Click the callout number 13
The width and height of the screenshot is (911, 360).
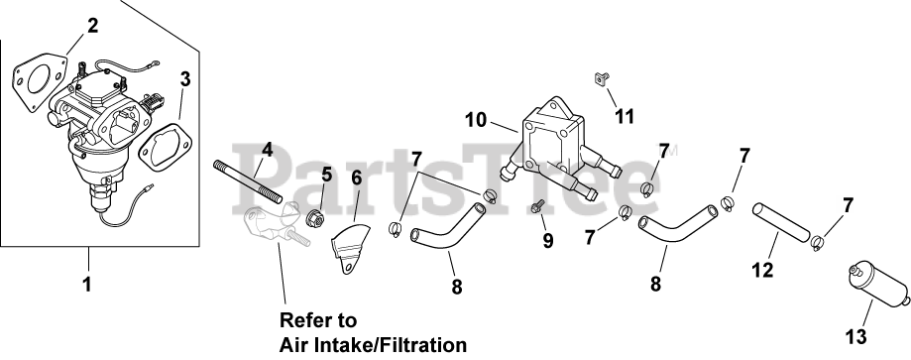tap(856, 337)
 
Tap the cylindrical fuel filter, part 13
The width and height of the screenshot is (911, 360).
tap(879, 285)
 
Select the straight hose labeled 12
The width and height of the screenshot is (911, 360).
tap(780, 222)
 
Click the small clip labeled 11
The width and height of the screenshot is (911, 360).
tap(602, 78)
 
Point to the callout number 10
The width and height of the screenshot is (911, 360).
tap(476, 120)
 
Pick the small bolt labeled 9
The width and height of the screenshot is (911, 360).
tap(537, 206)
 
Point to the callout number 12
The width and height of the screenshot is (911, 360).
tap(762, 270)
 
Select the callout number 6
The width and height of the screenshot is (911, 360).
tap(356, 178)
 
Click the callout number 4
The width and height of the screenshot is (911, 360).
tap(267, 150)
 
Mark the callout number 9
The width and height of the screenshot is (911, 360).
tap(548, 241)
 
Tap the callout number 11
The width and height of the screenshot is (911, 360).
tap(625, 117)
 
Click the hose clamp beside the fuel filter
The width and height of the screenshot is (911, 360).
tap(818, 243)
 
